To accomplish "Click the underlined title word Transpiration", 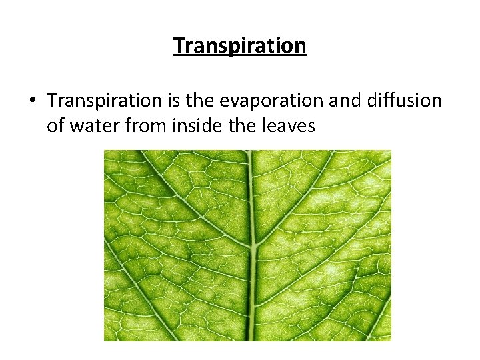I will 240,45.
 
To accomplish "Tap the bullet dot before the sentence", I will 32,101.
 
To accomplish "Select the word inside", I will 199,125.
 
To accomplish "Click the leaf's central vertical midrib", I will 251,200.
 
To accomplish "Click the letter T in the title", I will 179,45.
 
